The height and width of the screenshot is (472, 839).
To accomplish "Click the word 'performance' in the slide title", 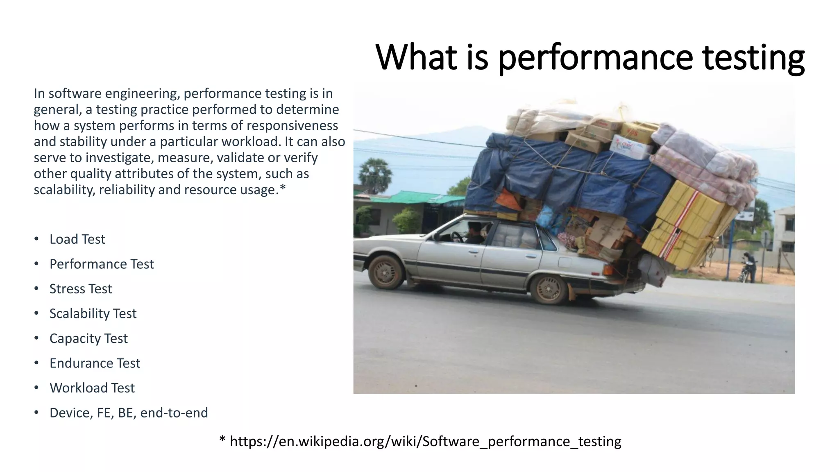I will point(595,57).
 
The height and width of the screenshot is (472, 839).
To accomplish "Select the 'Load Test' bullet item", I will point(77,239).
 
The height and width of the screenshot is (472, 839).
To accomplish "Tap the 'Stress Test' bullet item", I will point(80,289).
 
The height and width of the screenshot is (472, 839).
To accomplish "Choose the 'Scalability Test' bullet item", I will point(93,313).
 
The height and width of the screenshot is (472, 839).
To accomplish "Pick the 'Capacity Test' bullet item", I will point(88,338).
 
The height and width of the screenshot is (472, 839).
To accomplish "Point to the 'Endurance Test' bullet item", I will point(95,363).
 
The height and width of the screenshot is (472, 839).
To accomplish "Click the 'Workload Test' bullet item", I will point(92,388).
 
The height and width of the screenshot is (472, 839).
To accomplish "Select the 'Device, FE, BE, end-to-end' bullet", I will point(129,413).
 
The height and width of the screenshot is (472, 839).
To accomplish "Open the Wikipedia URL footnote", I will point(425,441).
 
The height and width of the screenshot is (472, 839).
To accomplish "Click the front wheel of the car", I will point(385,272).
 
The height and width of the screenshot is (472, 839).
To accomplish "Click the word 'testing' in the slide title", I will point(753,57).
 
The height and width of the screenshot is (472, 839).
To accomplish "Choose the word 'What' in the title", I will point(416,57).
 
